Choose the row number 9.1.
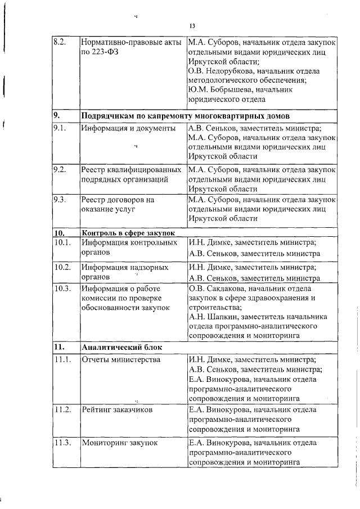point(60,128)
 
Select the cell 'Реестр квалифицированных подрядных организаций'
point(131,174)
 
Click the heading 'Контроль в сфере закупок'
point(128,232)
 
